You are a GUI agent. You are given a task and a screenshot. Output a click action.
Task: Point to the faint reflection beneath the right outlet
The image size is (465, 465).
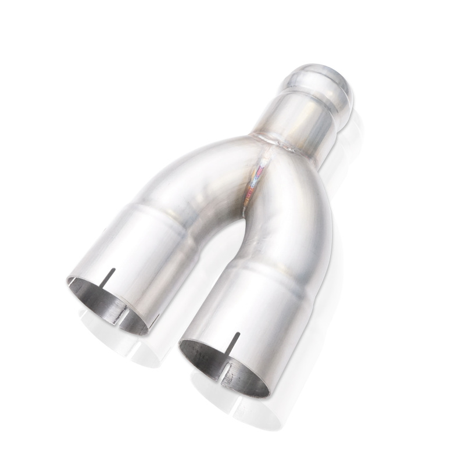(233, 413)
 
